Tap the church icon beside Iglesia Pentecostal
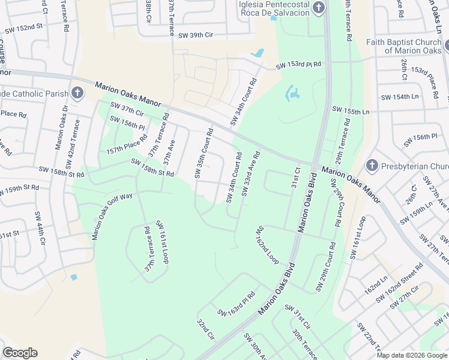coord(319,8)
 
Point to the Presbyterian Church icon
coord(372,166)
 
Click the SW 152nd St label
coord(23,27)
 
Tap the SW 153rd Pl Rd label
coord(298,65)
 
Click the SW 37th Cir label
coord(127,109)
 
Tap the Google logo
coord(20,352)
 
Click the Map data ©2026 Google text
coord(411,355)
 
